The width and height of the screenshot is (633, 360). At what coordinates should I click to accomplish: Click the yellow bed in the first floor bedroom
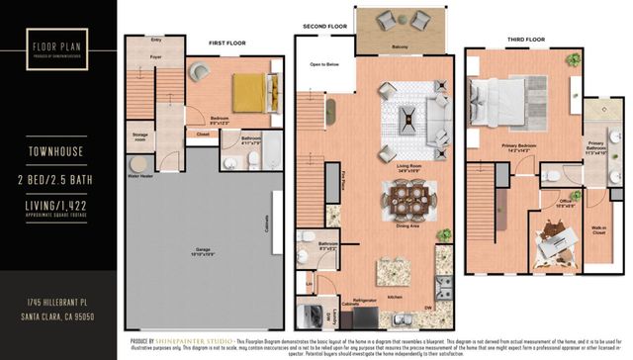pyautogui.click(x=248, y=93)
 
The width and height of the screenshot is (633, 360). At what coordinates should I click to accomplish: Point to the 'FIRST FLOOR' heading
pyautogui.click(x=227, y=44)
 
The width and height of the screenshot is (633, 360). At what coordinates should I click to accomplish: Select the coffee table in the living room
pyautogui.click(x=407, y=120)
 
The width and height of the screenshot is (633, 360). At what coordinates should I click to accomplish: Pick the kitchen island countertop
pyautogui.click(x=400, y=266)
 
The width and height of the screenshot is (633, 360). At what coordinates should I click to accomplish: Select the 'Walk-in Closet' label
pyautogui.click(x=599, y=229)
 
